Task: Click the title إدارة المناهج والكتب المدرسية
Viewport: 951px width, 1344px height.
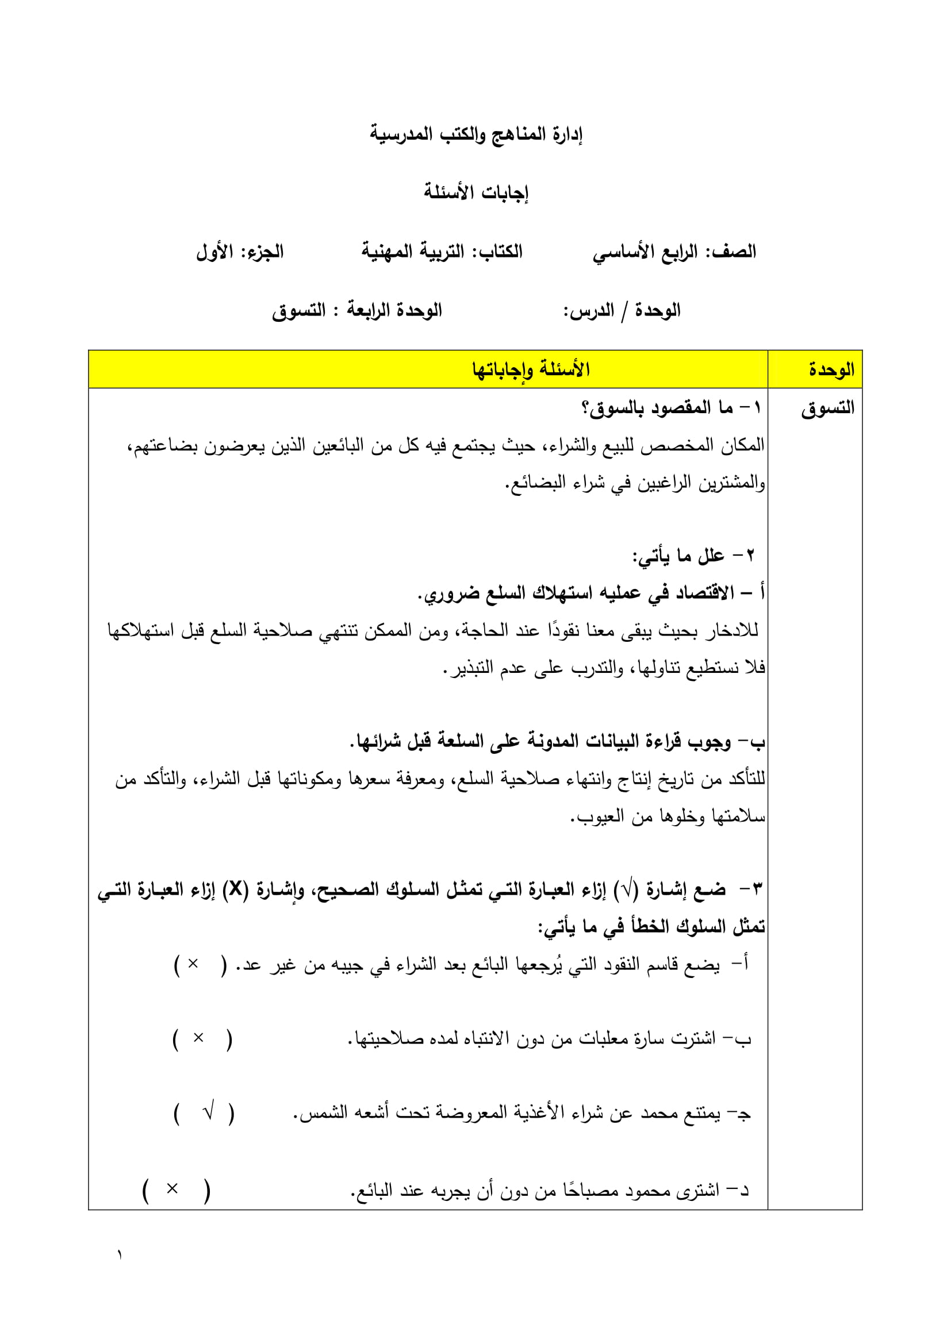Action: [x=475, y=134]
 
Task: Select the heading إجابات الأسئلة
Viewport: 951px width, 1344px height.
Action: [x=475, y=192]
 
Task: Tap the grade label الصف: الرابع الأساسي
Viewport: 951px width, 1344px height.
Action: [x=674, y=252]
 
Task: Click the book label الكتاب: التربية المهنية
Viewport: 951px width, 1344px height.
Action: [x=442, y=252]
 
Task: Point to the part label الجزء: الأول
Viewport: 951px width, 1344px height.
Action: [x=240, y=252]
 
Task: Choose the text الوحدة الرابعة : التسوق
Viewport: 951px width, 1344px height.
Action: [x=356, y=310]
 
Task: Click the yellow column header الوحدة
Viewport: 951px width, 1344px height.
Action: [x=831, y=370]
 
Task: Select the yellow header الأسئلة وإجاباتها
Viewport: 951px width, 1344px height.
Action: [x=531, y=370]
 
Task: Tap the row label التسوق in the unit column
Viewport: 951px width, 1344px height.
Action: [x=827, y=408]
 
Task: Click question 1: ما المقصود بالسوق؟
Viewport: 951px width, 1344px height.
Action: [x=670, y=408]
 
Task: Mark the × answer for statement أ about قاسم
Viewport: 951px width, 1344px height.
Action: [x=193, y=964]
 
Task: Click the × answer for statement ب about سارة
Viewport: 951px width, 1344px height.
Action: [x=198, y=1038]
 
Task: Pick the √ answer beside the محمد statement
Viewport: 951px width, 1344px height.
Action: [x=208, y=1112]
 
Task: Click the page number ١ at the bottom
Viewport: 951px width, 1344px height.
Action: [x=120, y=1255]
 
